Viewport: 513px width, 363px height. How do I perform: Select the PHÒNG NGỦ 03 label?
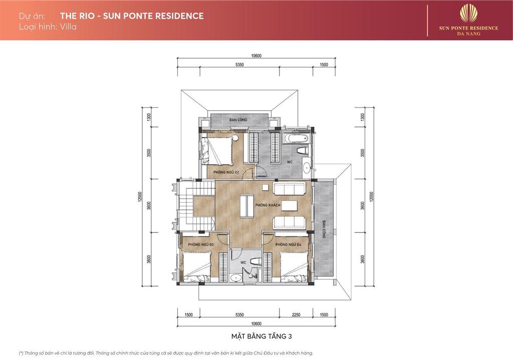click(200, 245)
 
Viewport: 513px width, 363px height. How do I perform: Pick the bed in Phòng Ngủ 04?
click(293, 266)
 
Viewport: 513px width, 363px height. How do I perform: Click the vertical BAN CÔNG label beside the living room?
click(324, 228)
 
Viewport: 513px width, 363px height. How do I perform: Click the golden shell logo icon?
click(469, 13)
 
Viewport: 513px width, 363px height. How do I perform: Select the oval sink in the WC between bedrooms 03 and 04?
click(235, 278)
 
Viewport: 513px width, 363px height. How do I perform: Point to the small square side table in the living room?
click(265, 188)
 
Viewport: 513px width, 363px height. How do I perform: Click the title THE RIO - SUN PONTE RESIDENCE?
click(132, 16)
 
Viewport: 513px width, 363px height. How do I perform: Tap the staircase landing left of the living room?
click(204, 205)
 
